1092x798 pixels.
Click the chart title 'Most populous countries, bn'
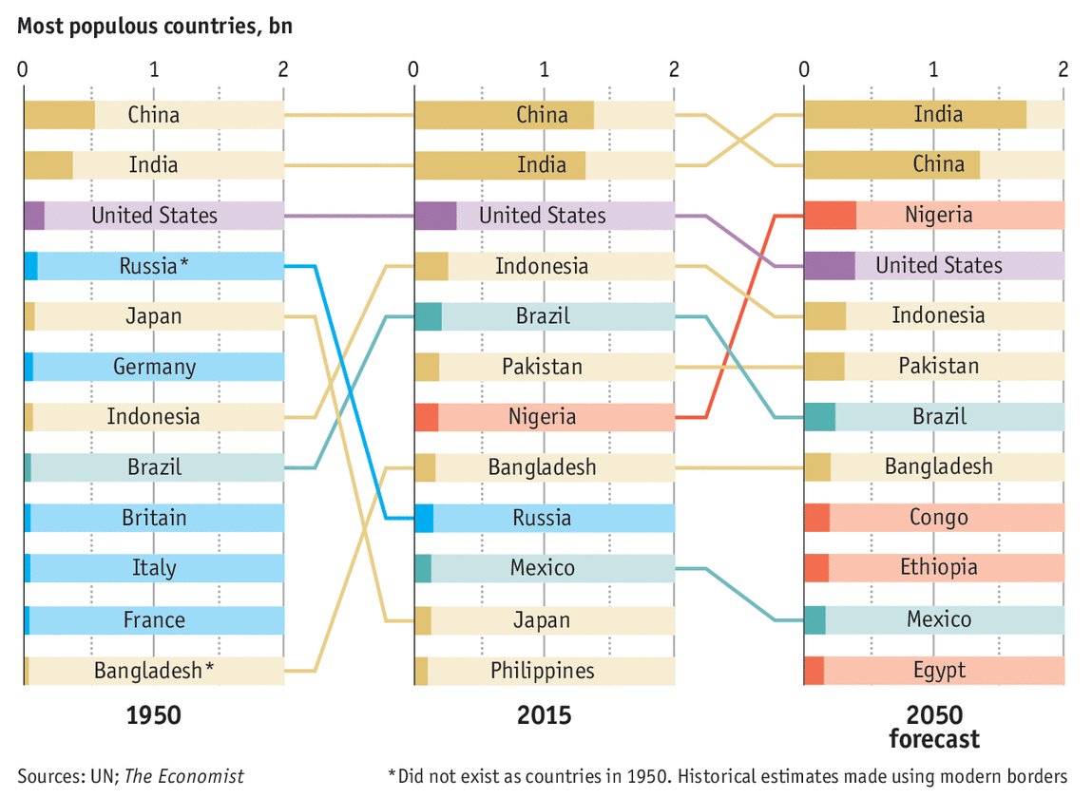pyautogui.click(x=155, y=26)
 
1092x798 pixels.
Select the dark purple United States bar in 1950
pyautogui.click(x=33, y=216)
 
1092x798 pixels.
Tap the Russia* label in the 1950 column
pyautogui.click(x=153, y=266)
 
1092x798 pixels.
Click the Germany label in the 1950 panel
pyautogui.click(x=154, y=367)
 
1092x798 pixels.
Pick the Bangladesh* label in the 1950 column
pyautogui.click(x=153, y=670)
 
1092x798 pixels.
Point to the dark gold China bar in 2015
pyautogui.click(x=504, y=115)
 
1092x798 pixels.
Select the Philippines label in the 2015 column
pyautogui.click(x=542, y=670)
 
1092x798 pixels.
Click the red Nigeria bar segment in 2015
pyautogui.click(x=426, y=417)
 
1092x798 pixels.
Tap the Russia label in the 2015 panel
pyautogui.click(x=542, y=518)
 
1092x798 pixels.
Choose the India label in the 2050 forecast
pyautogui.click(x=937, y=115)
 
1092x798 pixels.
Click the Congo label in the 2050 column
pyautogui.click(x=937, y=518)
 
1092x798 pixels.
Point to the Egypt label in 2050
pyautogui.click(x=937, y=670)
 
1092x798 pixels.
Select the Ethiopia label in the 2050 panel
pyautogui.click(x=937, y=568)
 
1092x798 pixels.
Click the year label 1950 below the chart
pyautogui.click(x=153, y=714)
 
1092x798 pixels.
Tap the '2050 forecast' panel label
pyautogui.click(x=934, y=727)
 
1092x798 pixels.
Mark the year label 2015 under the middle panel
pyautogui.click(x=544, y=714)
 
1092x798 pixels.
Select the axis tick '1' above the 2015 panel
pyautogui.click(x=544, y=69)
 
